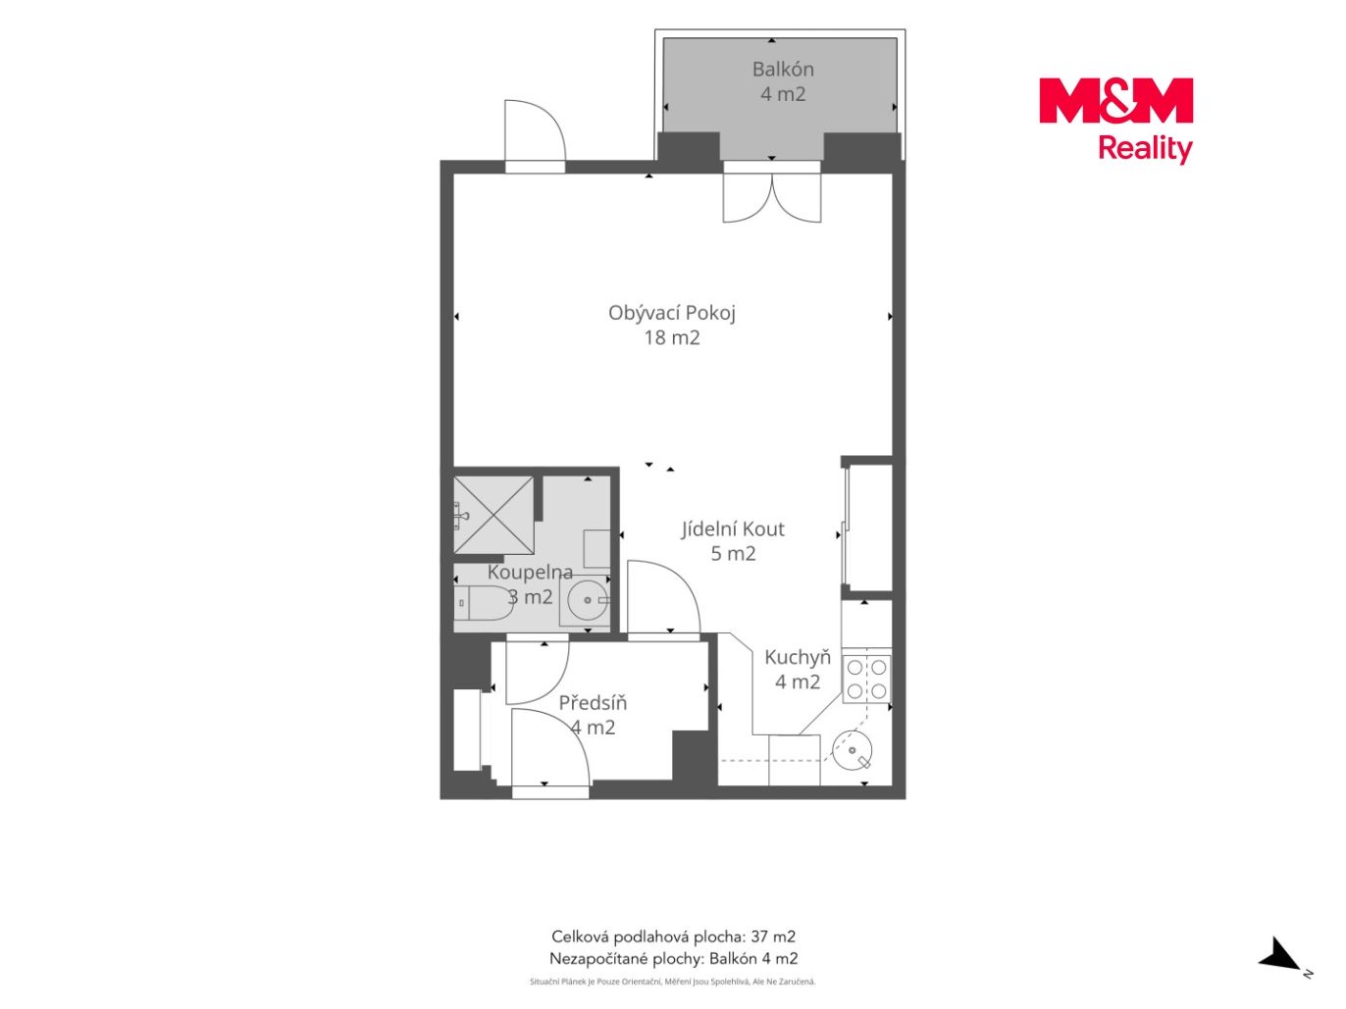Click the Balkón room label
783,70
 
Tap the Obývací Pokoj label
671,313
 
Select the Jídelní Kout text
732,529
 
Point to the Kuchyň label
798,657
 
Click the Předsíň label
593,703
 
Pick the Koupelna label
530,573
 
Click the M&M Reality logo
1115,120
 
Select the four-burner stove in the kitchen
866,679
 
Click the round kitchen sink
852,751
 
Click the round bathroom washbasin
588,600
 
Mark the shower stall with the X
493,515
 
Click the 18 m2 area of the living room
671,337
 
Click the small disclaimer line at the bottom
673,983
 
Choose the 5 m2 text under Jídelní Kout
733,554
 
